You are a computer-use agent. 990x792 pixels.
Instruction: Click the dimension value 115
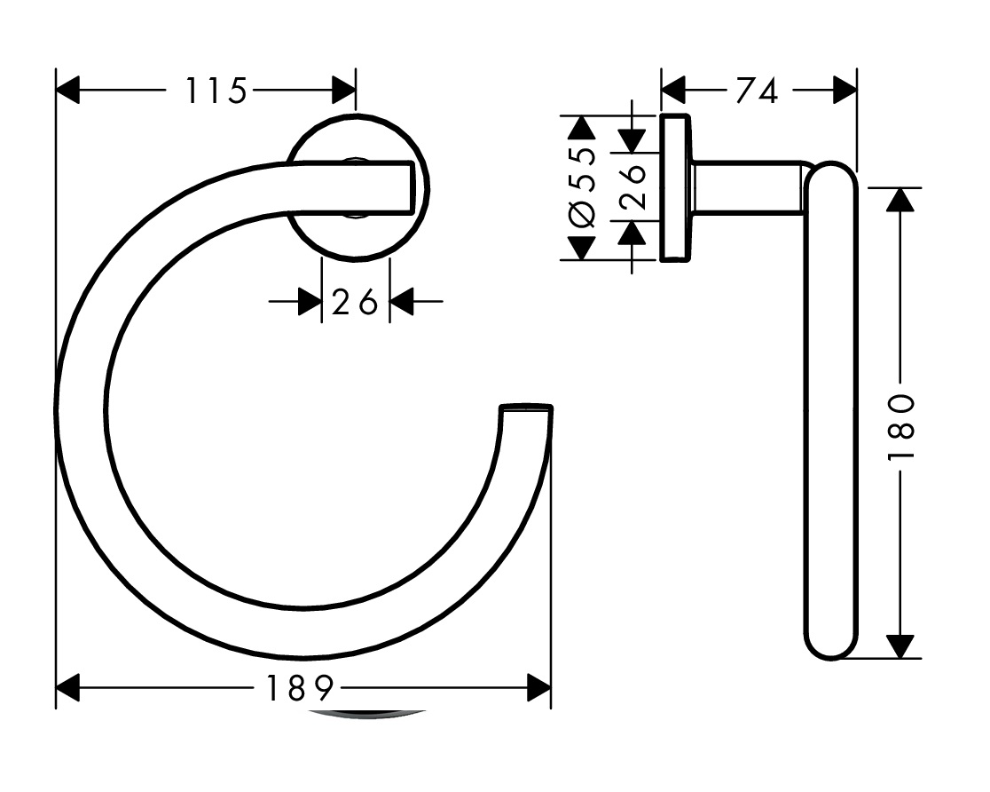215,91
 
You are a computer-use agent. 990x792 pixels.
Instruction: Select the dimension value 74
757,91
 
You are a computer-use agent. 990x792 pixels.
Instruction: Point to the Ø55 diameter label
581,188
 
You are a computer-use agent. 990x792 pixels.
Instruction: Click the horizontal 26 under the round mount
355,303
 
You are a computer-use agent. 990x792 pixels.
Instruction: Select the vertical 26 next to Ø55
633,188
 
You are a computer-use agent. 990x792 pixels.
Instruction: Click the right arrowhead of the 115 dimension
343,90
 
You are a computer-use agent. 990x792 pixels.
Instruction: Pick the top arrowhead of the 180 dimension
900,199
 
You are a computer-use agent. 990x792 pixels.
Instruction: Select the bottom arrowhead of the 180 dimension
900,646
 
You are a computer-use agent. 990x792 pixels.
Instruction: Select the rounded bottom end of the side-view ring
830,644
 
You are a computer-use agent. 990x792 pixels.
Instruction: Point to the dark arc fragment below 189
367,714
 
